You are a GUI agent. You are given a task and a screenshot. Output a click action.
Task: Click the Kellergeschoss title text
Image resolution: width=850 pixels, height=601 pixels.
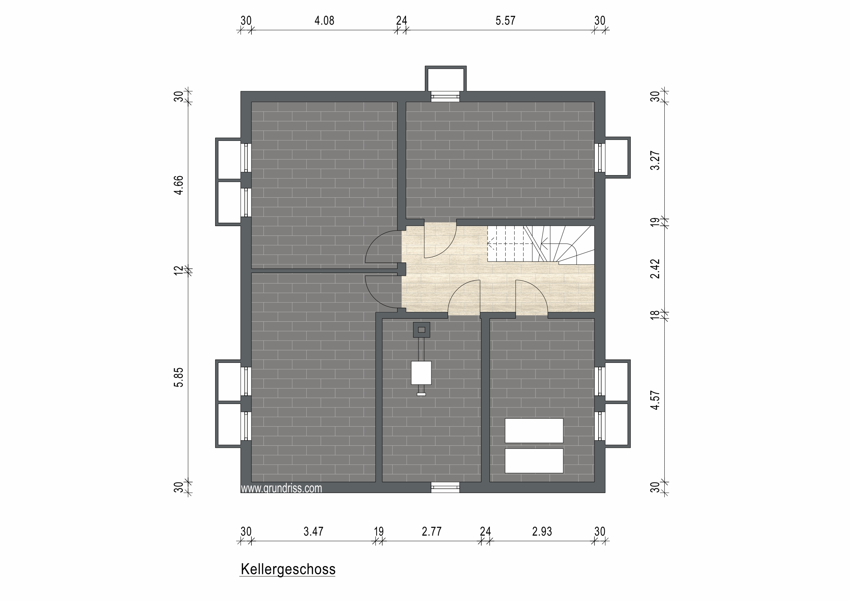[288, 569]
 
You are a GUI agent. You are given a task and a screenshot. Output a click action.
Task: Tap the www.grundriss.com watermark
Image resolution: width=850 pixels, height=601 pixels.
[281, 488]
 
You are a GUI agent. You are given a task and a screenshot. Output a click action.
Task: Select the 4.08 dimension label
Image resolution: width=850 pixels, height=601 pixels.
[324, 21]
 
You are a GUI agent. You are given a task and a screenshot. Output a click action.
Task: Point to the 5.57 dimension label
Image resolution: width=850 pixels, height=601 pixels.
[505, 21]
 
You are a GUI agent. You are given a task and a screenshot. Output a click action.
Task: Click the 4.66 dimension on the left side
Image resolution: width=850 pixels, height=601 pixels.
[179, 185]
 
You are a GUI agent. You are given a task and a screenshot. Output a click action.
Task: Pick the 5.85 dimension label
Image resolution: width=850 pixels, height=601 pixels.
[179, 377]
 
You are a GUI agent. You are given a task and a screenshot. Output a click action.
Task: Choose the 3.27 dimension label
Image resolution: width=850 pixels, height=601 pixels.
[655, 160]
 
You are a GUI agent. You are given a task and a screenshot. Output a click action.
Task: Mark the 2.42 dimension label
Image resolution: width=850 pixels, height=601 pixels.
[655, 269]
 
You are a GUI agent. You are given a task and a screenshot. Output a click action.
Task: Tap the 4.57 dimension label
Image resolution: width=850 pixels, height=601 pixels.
[655, 400]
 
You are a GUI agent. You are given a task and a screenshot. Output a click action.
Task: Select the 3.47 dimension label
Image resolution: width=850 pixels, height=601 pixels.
[313, 532]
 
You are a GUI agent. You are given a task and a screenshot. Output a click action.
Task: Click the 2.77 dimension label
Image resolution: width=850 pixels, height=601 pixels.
[432, 532]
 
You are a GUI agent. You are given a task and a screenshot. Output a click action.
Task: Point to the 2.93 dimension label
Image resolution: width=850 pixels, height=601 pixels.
[542, 532]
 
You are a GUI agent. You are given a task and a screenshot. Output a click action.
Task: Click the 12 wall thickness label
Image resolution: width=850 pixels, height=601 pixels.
[179, 271]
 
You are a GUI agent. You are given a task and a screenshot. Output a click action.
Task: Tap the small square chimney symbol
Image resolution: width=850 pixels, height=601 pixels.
[421, 330]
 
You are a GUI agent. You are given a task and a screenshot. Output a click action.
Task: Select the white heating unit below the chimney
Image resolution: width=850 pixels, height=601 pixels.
[421, 373]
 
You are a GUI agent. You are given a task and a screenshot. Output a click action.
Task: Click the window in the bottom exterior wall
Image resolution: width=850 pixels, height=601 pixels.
[445, 487]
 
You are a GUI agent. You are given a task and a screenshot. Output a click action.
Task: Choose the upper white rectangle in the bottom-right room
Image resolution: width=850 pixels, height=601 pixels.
[534, 431]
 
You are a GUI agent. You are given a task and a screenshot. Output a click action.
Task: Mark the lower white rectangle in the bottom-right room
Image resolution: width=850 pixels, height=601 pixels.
[534, 461]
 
